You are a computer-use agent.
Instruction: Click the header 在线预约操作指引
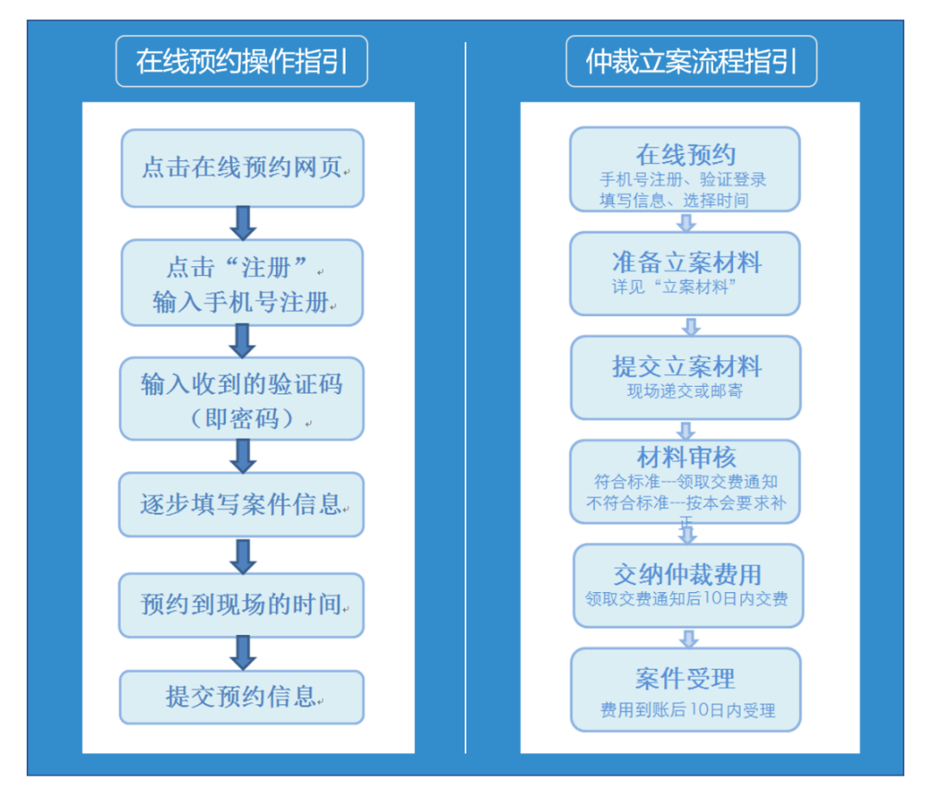pos(241,61)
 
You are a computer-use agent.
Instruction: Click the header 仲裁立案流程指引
pos(691,61)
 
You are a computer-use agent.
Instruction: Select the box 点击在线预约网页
pos(242,168)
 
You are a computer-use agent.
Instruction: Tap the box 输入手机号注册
pos(242,283)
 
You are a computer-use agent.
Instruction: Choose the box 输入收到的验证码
pos(241,398)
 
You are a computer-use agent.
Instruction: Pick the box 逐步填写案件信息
pos(241,504)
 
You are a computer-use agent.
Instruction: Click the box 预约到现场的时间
pos(241,605)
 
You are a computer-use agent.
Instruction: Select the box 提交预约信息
pos(241,697)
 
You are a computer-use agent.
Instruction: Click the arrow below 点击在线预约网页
pos(243,222)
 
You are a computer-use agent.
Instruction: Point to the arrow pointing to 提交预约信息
pos(243,653)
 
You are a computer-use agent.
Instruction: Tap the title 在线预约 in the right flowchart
pos(685,155)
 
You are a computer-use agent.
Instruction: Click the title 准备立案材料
pos(686,262)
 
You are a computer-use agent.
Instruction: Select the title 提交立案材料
pos(686,366)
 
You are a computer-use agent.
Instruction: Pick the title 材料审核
pos(686,457)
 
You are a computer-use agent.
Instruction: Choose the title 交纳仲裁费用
pos(687,574)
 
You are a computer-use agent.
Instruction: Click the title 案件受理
pos(686,678)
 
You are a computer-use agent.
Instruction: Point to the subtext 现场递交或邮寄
pos(686,391)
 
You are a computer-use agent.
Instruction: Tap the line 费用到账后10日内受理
pos(687,710)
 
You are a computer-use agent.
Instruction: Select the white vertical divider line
pos(465,396)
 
